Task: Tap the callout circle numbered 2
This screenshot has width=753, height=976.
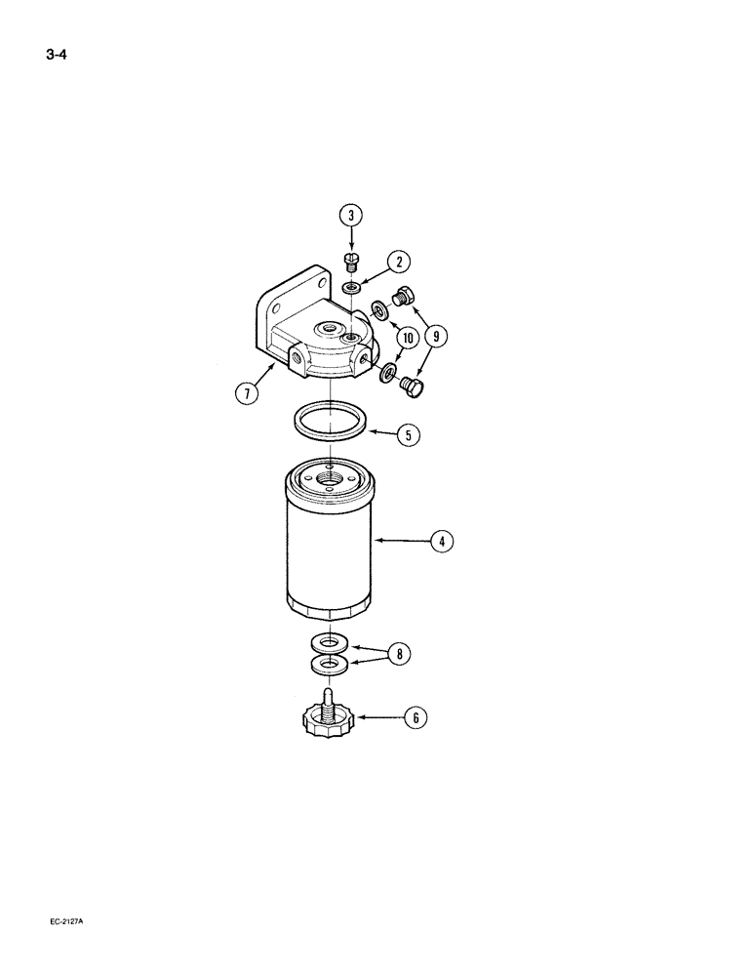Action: point(397,262)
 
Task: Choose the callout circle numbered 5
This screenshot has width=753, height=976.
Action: point(407,435)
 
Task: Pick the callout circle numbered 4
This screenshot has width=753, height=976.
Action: point(441,541)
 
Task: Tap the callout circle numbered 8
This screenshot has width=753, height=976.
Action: point(398,654)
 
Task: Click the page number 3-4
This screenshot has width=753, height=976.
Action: point(57,56)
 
